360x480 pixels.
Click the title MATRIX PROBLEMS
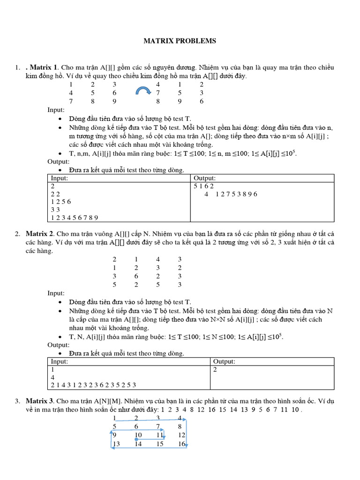(180, 41)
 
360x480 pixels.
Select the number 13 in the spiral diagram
(116, 444)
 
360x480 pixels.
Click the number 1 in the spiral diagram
(114, 418)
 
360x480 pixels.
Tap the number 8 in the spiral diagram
(180, 427)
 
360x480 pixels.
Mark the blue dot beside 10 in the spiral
(136, 439)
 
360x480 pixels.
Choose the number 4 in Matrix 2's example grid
(158, 259)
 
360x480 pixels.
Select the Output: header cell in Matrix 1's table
(204, 178)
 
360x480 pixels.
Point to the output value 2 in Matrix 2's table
(215, 369)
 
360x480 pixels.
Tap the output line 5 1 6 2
(204, 186)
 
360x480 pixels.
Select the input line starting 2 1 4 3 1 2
(93, 385)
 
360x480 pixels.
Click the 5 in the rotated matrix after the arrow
(180, 93)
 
